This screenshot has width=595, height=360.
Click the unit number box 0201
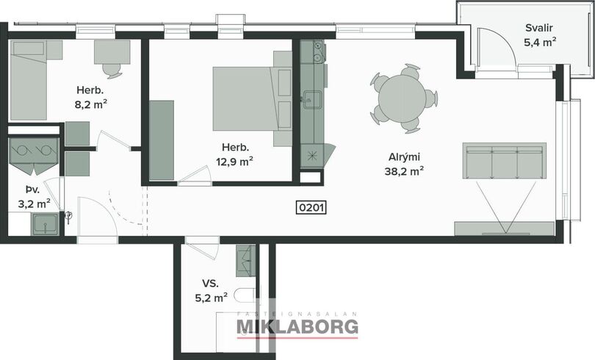point(311,207)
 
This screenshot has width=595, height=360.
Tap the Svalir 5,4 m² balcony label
point(540,35)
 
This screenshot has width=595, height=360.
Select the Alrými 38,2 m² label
point(404,164)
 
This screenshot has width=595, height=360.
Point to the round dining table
point(402,98)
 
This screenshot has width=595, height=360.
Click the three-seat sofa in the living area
point(505,160)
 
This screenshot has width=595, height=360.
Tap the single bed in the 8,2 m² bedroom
point(29,80)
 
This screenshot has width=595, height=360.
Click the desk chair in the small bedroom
point(111,71)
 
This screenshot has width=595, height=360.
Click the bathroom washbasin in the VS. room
point(246,261)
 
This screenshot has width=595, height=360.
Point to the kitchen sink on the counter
point(311,100)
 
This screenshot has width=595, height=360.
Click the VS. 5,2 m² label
point(211,290)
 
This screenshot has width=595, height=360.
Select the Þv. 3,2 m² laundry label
point(34,197)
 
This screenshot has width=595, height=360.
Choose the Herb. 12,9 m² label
point(235,154)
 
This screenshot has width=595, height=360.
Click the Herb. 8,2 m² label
point(90,97)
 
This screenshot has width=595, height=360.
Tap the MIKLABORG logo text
point(297,327)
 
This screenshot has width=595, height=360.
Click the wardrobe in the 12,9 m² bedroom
point(162,140)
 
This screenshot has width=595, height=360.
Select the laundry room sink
point(45,224)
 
